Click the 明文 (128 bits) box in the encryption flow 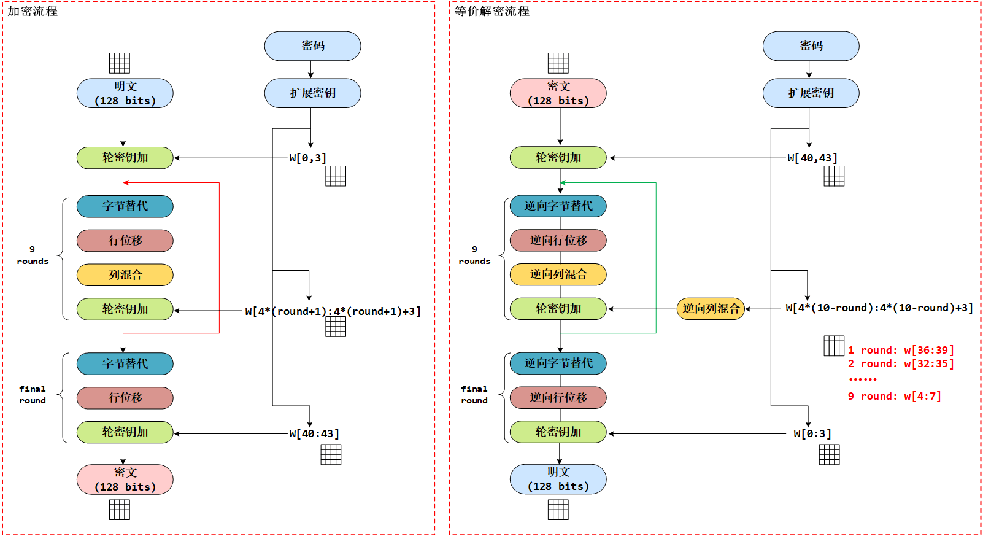click(125, 93)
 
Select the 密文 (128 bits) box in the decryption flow click(558, 93)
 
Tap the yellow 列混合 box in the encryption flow click(125, 275)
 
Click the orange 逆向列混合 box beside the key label click(711, 308)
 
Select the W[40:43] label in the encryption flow click(314, 433)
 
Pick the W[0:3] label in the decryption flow click(812, 433)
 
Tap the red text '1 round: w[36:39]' click(901, 350)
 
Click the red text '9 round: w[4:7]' click(894, 396)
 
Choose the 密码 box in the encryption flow click(312, 46)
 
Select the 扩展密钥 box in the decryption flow click(811, 93)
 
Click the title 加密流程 click(33, 11)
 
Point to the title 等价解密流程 click(492, 11)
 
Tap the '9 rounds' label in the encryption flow click(33, 255)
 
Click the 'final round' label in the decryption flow click(474, 394)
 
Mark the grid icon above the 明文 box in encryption click(120, 63)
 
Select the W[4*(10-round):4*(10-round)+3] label click(879, 308)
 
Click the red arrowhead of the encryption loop click(126, 182)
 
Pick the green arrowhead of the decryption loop click(563, 182)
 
